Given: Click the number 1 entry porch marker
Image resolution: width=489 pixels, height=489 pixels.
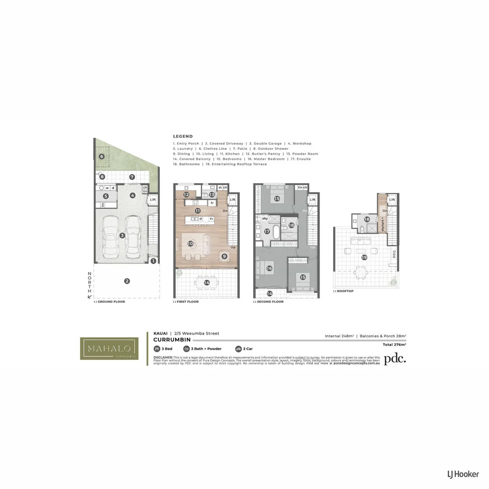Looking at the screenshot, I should [153, 261].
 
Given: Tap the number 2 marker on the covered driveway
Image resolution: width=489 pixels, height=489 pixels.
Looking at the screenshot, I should [127, 281].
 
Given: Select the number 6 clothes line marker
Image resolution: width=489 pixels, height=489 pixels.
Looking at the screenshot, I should [101, 157].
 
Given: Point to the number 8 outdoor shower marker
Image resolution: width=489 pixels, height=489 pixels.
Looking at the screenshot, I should [102, 177].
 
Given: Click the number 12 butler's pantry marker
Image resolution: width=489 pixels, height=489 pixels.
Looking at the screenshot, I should [187, 195].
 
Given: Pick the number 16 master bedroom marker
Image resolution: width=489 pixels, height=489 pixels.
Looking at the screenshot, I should [269, 268].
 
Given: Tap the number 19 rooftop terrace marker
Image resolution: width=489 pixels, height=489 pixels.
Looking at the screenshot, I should [364, 257].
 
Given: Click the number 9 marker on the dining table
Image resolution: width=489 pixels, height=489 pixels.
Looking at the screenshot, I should [224, 256].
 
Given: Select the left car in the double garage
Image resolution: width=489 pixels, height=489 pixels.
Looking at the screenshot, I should [112, 235].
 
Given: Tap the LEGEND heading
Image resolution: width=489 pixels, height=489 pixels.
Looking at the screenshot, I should [182, 136].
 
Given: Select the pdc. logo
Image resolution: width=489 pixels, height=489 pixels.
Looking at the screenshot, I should [395, 359].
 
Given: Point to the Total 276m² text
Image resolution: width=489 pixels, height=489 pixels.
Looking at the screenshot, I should [394, 345].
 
